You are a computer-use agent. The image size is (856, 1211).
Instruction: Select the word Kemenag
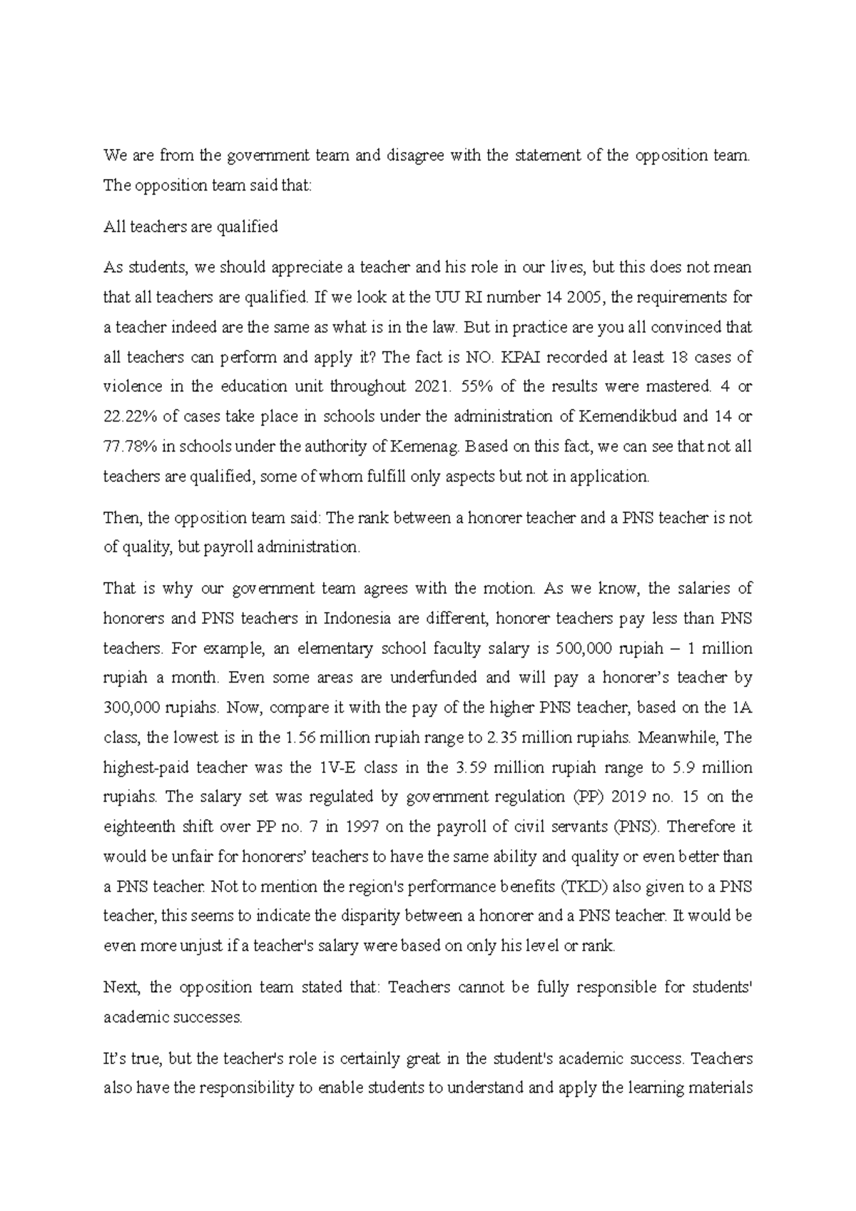tap(425, 447)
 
